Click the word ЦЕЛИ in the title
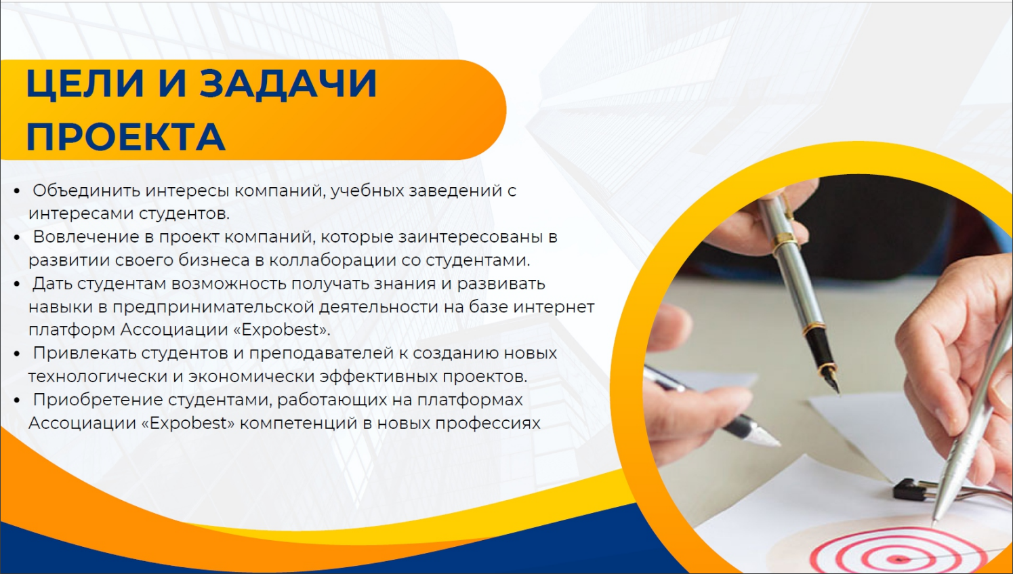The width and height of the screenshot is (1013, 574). point(85,84)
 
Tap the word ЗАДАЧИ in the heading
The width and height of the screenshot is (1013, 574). point(287,84)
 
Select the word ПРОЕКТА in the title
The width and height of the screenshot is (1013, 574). point(125,136)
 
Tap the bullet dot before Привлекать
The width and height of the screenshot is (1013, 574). point(17,354)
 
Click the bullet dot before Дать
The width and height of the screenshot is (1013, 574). point(17,284)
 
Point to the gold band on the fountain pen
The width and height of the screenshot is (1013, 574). point(785,239)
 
